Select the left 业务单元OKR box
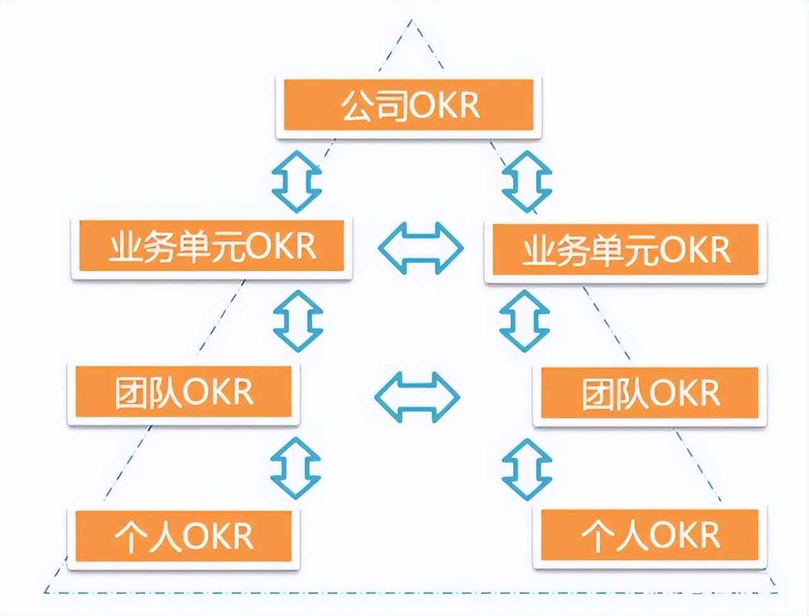(211, 246)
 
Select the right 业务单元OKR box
(625, 250)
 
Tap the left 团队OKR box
(183, 392)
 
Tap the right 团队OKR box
(649, 393)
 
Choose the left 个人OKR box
(183, 536)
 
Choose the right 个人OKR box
(649, 536)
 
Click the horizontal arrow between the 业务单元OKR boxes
(420, 247)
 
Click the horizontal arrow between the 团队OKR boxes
(417, 397)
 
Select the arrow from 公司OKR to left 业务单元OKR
(296, 181)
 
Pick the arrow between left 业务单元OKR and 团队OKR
(298, 321)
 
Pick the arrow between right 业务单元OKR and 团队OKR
(524, 321)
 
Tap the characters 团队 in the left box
(148, 393)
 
